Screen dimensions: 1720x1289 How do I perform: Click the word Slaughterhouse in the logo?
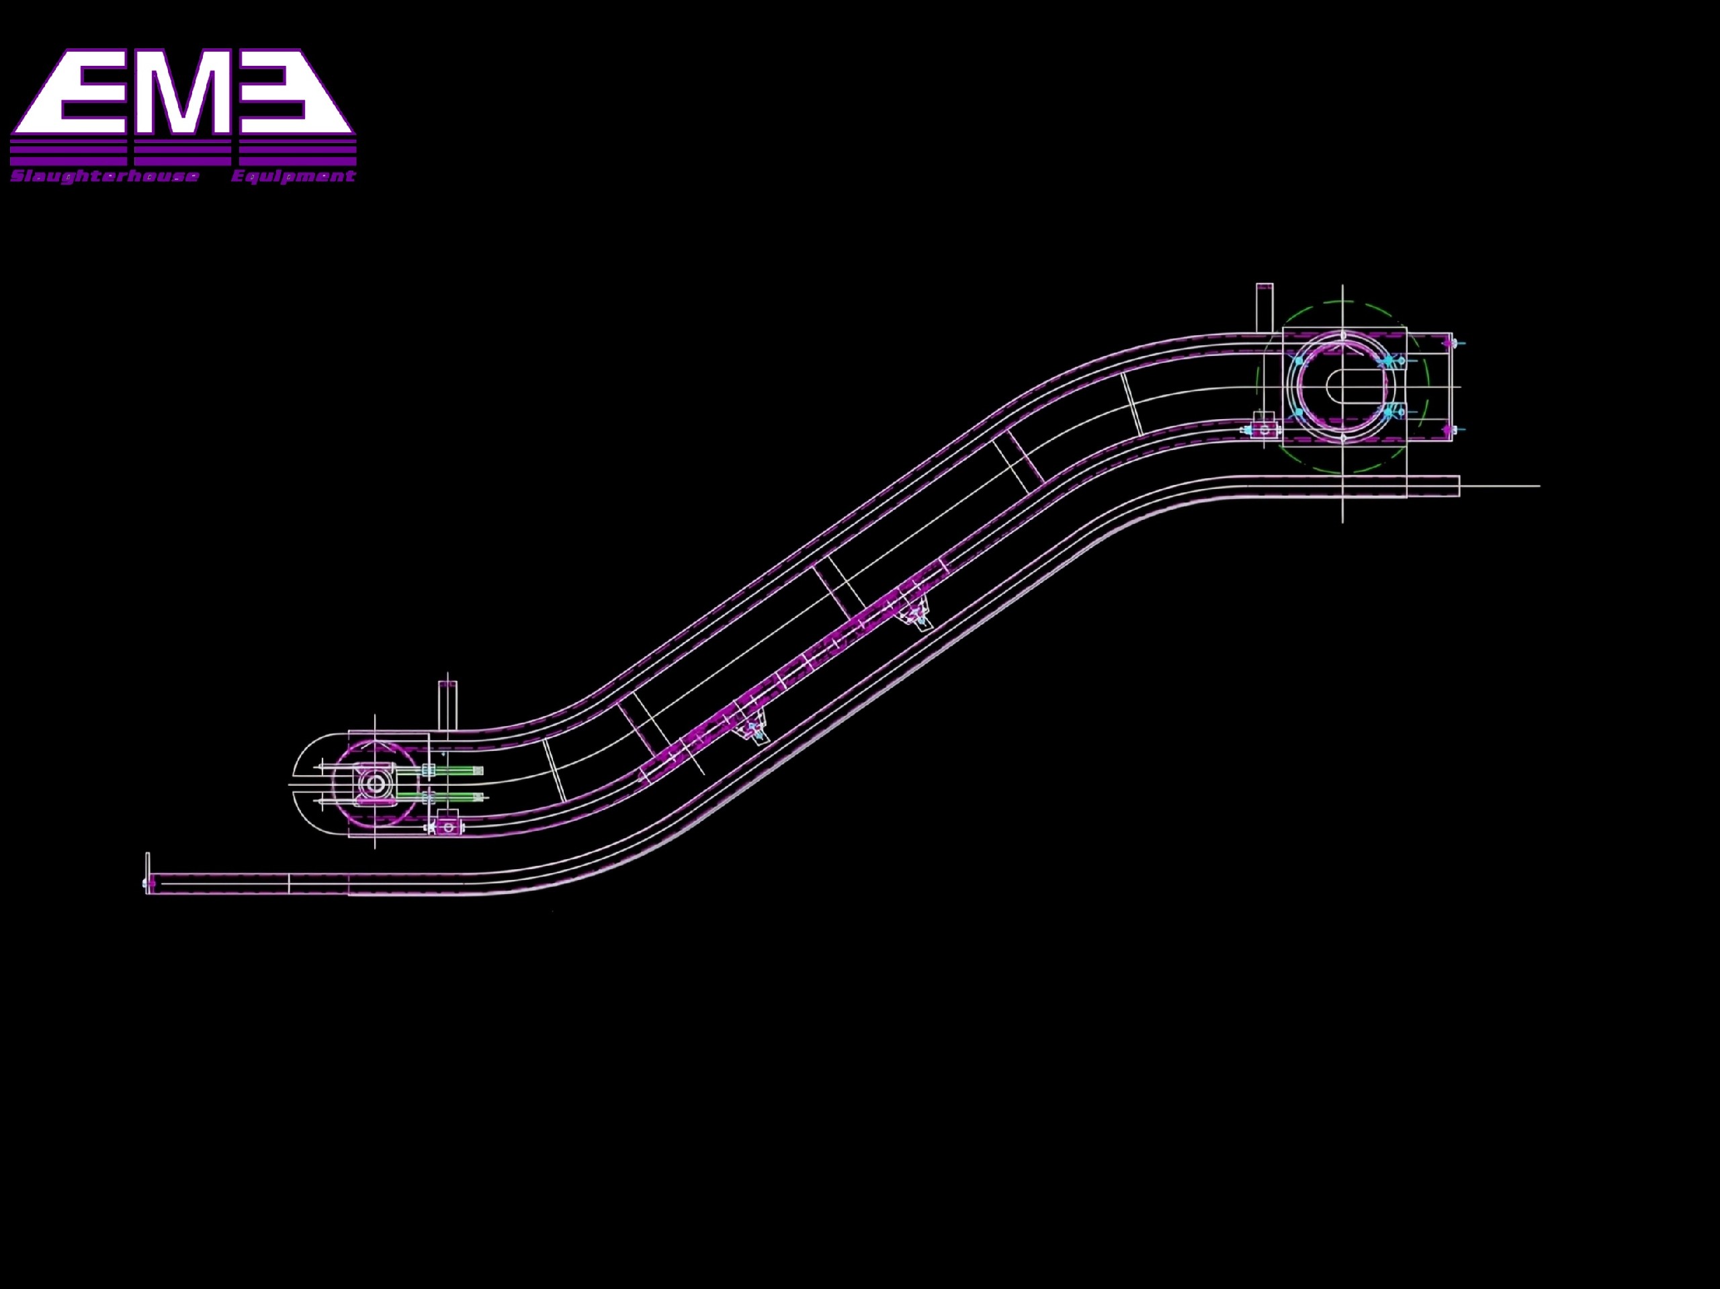pyautogui.click(x=105, y=177)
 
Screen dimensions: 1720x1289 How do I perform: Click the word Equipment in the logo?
pyautogui.click(x=293, y=177)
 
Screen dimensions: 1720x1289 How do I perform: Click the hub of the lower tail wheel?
pyautogui.click(x=376, y=784)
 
